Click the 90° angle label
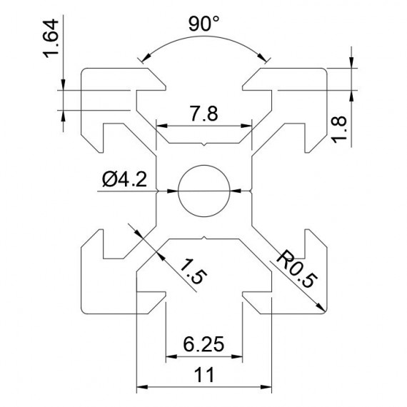point(203,24)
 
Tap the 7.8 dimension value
point(203,114)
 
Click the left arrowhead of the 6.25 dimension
point(171,355)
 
